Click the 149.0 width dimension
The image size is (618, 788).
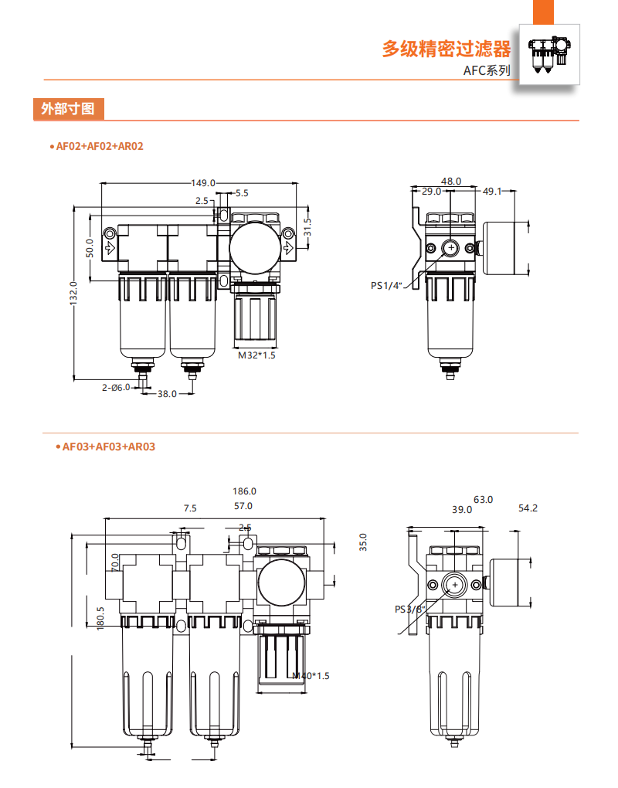coord(203,183)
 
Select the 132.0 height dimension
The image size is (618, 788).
coord(74,293)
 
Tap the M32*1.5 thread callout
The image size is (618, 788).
coord(256,356)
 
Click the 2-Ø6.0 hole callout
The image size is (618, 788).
coord(115,387)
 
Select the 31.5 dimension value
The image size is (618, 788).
coord(307,228)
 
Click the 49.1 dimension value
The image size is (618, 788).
coord(492,191)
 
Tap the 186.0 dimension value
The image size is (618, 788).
coord(244,491)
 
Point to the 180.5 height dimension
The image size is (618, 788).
coord(100,618)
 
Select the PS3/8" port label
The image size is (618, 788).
coord(410,609)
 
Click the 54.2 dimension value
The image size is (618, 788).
coord(528,508)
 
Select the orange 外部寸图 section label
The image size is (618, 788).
coord(68,109)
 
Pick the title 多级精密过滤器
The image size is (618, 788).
coord(447,49)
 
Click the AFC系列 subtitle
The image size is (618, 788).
coord(487,70)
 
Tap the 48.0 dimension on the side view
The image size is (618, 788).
coord(451,181)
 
